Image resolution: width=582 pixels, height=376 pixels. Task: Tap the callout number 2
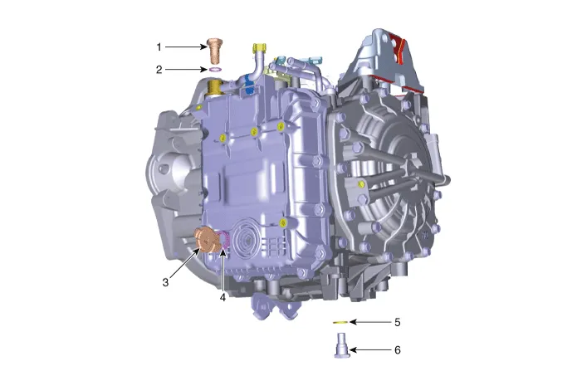pyautogui.click(x=160, y=70)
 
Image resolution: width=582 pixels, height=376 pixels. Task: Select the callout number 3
pyautogui.click(x=166, y=282)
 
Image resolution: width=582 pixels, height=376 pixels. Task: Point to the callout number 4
pyautogui.click(x=223, y=295)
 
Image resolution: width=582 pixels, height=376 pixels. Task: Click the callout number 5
pyautogui.click(x=398, y=321)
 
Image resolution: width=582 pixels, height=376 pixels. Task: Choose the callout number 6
pyautogui.click(x=398, y=350)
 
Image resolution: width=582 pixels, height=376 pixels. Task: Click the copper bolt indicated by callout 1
pyautogui.click(x=215, y=49)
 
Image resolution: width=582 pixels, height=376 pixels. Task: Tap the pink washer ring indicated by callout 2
pyautogui.click(x=215, y=71)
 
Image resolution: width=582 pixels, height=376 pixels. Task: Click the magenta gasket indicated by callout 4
pyautogui.click(x=223, y=242)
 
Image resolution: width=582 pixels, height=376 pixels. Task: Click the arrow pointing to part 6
pyautogui.click(x=369, y=350)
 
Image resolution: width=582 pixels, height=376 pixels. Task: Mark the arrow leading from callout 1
pyautogui.click(x=186, y=46)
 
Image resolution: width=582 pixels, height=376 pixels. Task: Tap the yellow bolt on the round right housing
pyautogui.click(x=361, y=183)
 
